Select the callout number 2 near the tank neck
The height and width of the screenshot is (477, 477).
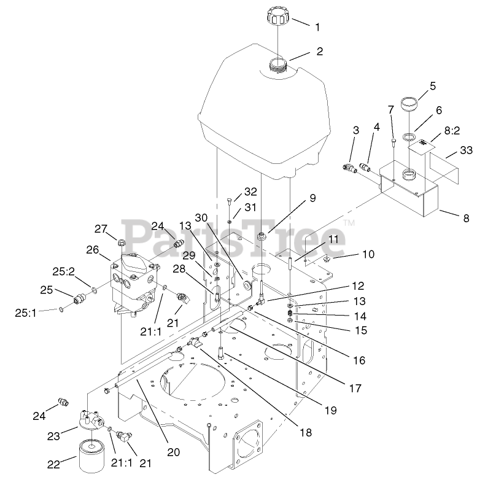coord(319,52)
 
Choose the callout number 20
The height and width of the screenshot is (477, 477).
coord(174,452)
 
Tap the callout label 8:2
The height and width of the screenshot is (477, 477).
coord(451,131)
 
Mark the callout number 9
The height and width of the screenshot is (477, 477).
coord(312,198)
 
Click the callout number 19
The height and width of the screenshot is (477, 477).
coord(331,410)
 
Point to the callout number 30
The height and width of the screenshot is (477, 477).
coord(202,218)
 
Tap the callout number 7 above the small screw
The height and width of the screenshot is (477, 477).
coord(390,109)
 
